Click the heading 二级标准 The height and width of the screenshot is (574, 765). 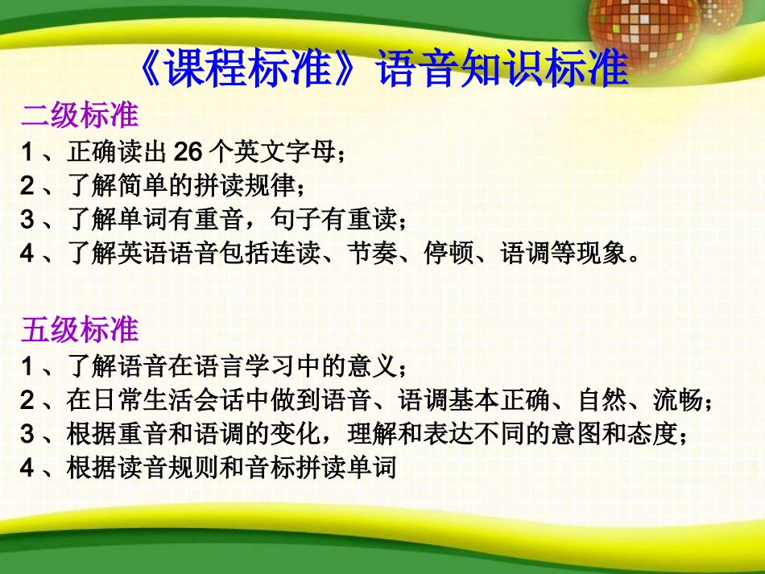(80, 115)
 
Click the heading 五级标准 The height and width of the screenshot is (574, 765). (80, 329)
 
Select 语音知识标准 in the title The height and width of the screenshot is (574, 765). (502, 69)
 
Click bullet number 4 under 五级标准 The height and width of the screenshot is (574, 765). (27, 468)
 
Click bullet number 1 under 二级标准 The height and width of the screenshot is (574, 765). (27, 150)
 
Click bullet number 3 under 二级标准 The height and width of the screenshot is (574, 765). (27, 219)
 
